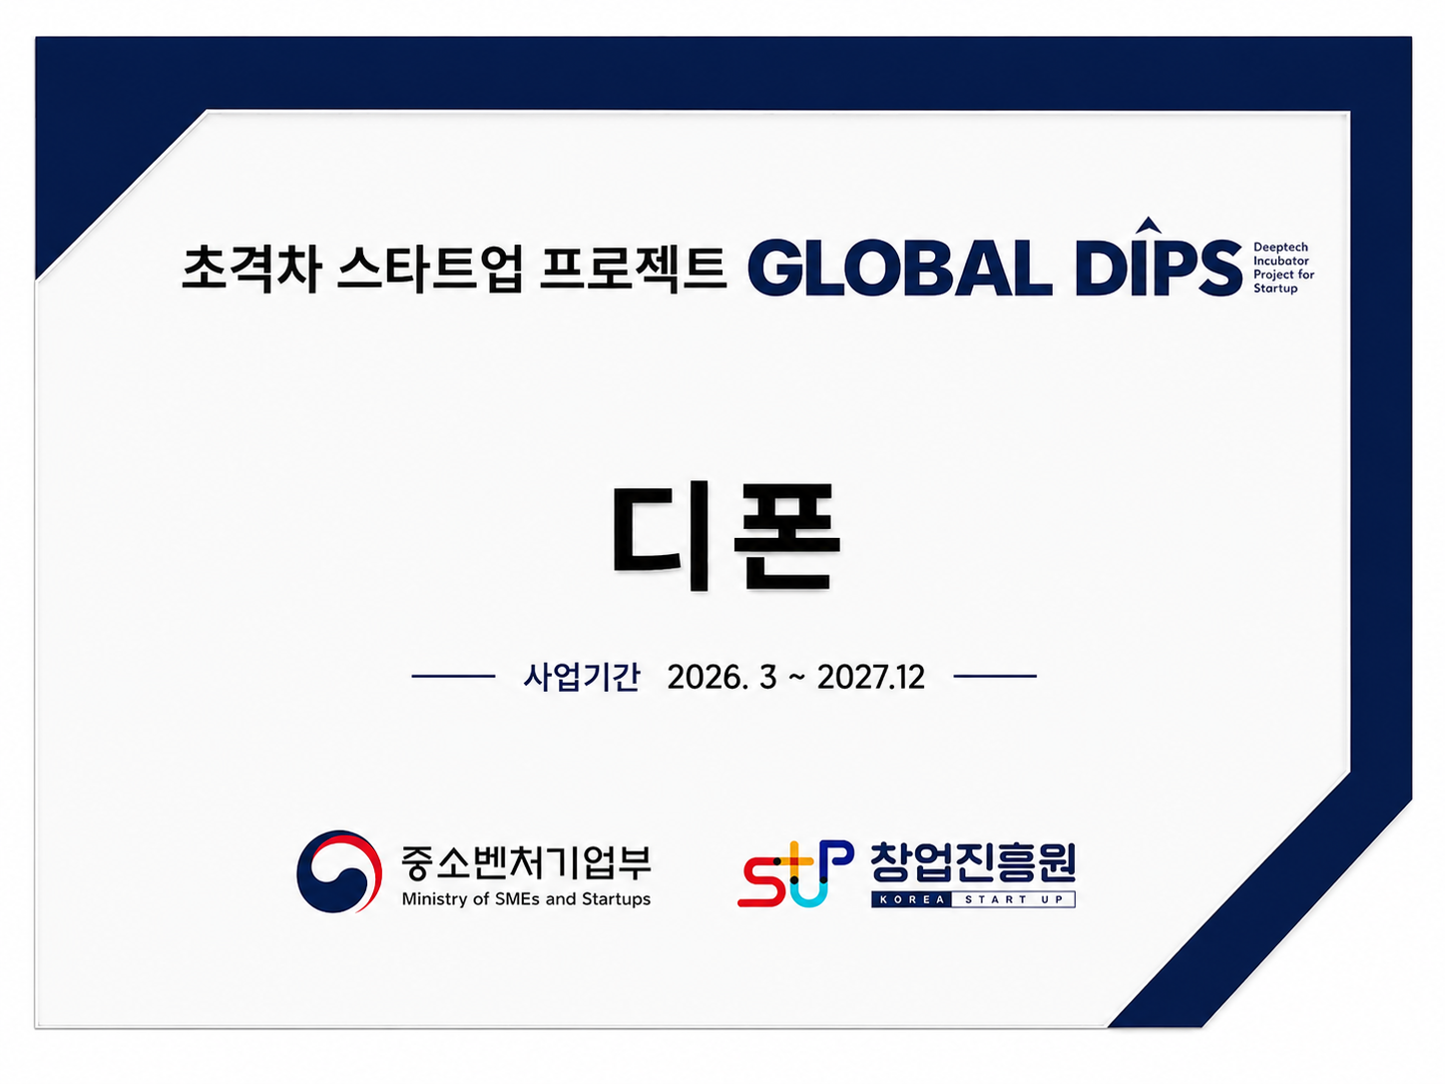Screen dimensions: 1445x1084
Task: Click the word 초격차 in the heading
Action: point(251,268)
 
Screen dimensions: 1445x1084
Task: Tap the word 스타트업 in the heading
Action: point(430,268)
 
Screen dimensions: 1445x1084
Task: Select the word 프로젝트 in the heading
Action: point(634,268)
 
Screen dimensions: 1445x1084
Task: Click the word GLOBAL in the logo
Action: point(899,268)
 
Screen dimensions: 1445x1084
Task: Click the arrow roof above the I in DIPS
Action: point(1149,225)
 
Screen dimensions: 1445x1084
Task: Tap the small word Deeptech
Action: point(1280,248)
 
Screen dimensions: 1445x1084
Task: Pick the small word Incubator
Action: point(1281,261)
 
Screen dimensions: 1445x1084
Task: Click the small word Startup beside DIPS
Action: point(1275,288)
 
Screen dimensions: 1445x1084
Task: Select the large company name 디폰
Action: point(726,536)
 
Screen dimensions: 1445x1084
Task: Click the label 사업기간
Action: point(581,677)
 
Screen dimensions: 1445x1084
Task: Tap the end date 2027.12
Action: point(871,678)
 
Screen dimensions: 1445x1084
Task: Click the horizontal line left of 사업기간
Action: point(453,676)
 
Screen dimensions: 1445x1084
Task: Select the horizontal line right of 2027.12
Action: point(995,676)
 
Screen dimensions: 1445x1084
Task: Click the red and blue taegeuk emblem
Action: point(339,871)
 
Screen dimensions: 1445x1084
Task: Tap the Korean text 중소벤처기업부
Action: point(526,862)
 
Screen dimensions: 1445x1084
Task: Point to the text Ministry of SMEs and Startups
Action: point(526,899)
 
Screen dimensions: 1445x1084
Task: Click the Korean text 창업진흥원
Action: point(973,862)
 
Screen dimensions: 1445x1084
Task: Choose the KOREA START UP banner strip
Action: point(973,899)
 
